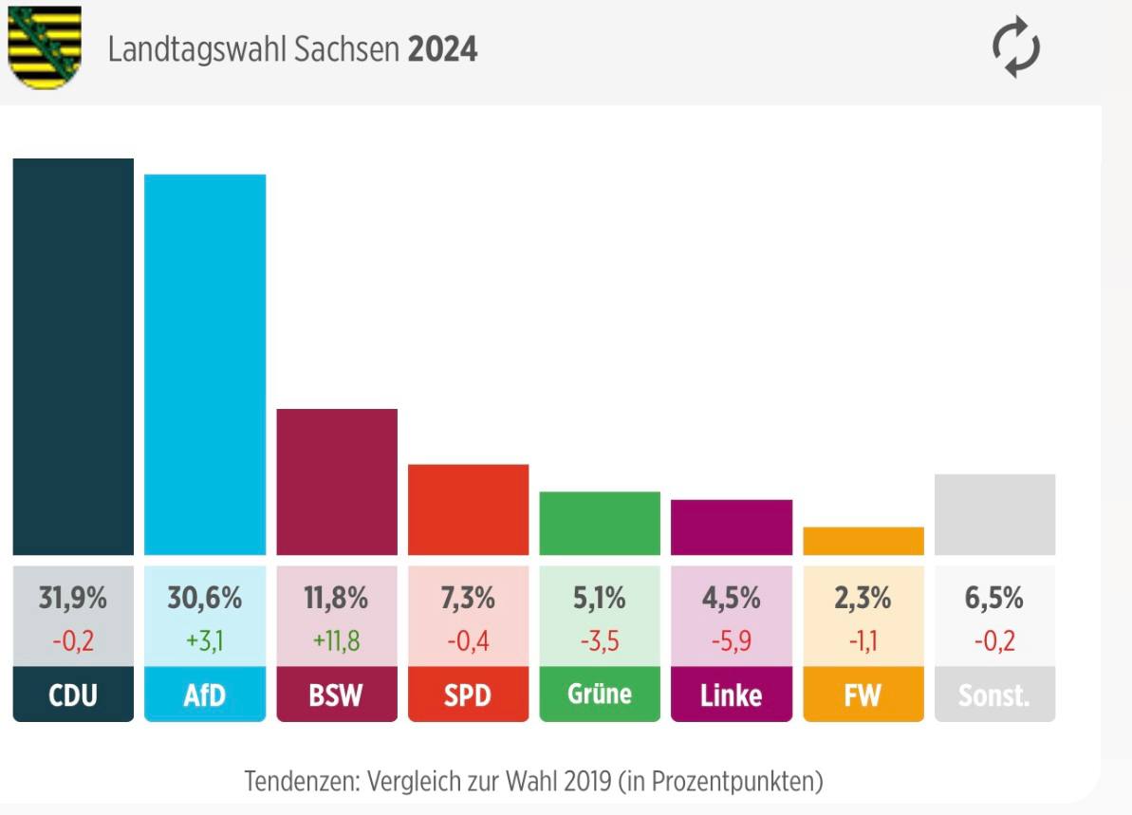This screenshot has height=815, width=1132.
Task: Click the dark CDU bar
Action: click(73, 357)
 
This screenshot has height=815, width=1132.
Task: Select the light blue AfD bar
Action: click(205, 364)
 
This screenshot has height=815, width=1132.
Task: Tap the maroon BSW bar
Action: click(337, 482)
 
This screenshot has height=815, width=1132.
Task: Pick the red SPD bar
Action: click(468, 509)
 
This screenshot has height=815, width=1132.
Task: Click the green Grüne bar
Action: click(600, 523)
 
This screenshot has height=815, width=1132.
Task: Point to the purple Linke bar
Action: click(731, 527)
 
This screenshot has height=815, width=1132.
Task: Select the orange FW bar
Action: click(863, 541)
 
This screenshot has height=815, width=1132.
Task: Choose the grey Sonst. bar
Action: click(994, 514)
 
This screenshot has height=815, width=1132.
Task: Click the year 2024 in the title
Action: click(442, 50)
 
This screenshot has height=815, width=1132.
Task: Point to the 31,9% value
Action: click(73, 599)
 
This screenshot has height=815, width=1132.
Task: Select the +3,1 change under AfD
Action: click(205, 641)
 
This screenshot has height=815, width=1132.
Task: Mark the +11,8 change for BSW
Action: click(337, 641)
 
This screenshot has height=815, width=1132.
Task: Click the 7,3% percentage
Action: click(468, 599)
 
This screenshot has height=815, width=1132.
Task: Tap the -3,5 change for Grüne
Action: click(600, 641)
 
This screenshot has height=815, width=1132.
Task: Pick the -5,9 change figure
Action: click(731, 641)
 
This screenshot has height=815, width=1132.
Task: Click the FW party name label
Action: click(863, 695)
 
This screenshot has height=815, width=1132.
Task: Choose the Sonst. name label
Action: click(994, 695)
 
